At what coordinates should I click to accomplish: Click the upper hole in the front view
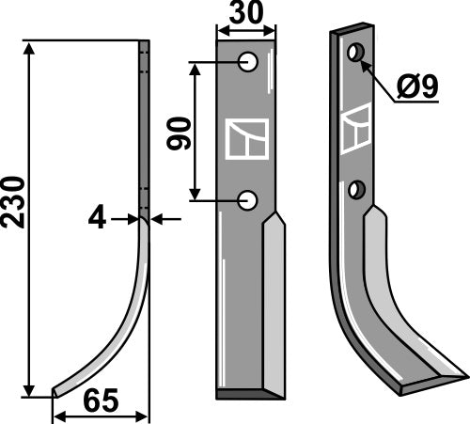pos(248,62)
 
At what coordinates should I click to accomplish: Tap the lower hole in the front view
pos(248,199)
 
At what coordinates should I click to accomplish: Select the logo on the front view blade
pos(247,137)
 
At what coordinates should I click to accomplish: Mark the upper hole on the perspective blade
pos(354,53)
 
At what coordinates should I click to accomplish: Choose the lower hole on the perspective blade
pos(355,190)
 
